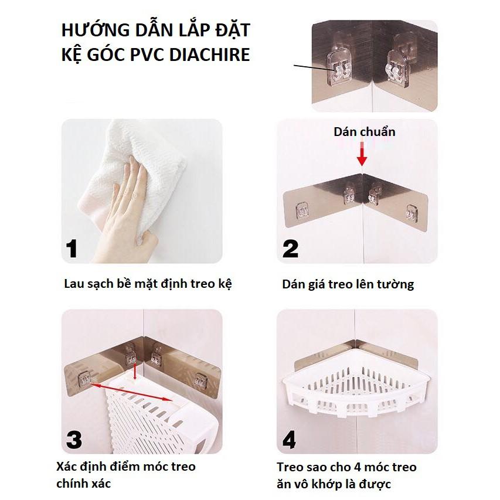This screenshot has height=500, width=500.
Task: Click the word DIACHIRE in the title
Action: tap(209, 54)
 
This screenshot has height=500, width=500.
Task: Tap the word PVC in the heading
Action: tap(147, 54)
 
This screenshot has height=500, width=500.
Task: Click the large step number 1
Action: tap(72, 249)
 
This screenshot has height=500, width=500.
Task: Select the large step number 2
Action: tap(290, 249)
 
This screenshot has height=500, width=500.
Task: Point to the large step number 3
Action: tap(74, 440)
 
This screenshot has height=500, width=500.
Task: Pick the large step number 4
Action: tap(289, 440)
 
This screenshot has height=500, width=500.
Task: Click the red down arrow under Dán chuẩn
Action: tap(362, 154)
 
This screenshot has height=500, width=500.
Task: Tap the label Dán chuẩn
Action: tap(365, 132)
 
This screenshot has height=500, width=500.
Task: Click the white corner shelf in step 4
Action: tap(356, 392)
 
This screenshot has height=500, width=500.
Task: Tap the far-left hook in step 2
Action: tap(302, 211)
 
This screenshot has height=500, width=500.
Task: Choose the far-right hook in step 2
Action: tap(411, 213)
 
